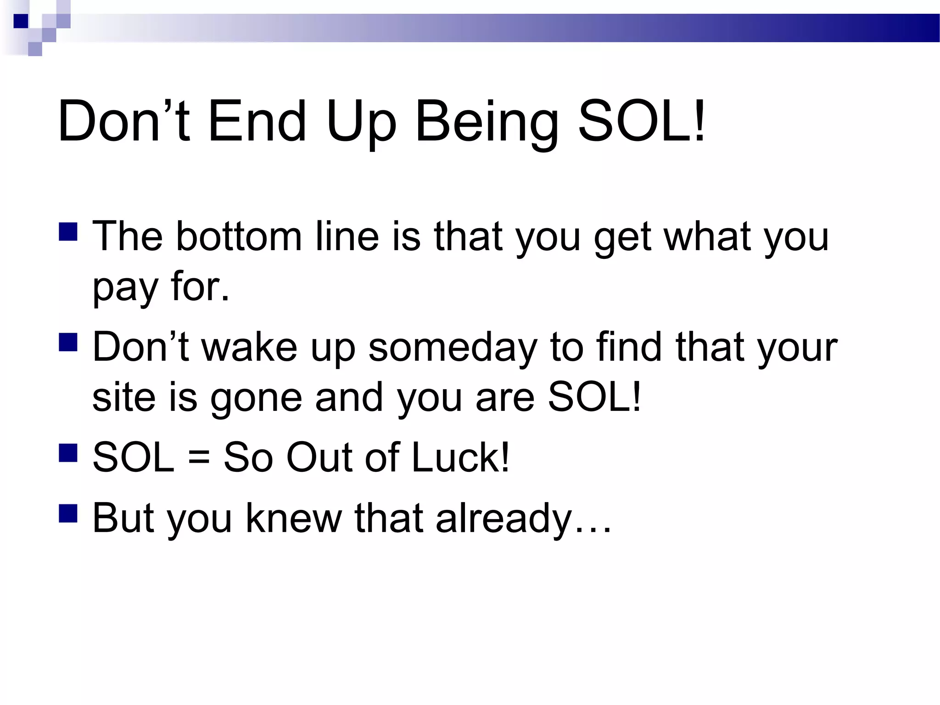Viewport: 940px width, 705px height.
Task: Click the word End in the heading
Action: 257,122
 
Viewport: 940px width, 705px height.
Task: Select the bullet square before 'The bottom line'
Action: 68,232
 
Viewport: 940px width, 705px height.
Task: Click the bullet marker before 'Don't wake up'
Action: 68,342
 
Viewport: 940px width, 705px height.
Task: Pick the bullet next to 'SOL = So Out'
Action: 68,453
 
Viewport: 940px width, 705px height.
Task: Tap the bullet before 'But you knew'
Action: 68,514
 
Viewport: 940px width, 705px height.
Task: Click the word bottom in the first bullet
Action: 239,237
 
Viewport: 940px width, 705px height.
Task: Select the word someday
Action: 453,347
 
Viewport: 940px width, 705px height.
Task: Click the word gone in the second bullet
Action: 256,398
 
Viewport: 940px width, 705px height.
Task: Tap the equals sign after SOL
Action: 199,458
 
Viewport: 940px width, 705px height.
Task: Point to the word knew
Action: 294,519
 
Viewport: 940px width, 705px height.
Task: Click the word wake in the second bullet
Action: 250,347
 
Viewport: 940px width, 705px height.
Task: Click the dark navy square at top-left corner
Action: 21,21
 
